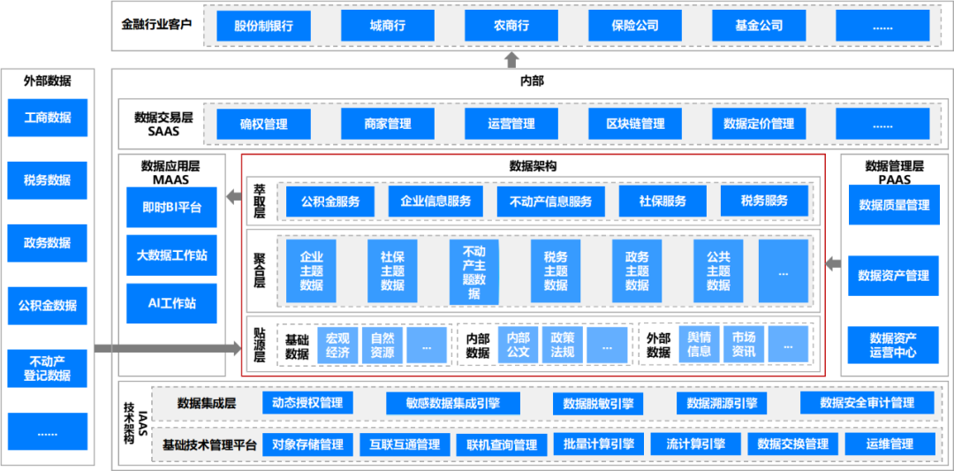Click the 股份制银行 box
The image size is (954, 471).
(x=263, y=26)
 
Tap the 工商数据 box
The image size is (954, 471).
(x=48, y=118)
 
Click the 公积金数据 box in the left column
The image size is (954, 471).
(x=48, y=306)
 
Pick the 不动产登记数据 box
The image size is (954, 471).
(x=48, y=368)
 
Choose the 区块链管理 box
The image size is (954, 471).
(x=635, y=124)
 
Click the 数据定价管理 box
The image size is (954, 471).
(x=759, y=124)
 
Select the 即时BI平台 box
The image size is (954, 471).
(x=171, y=208)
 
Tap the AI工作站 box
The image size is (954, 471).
(x=171, y=303)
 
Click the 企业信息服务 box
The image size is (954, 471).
(x=435, y=201)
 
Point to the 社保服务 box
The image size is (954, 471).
(x=662, y=201)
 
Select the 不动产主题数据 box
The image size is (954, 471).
(x=474, y=271)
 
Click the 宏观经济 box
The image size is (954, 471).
(x=337, y=345)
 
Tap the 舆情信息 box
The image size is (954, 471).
(x=699, y=345)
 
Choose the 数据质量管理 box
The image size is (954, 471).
(x=894, y=205)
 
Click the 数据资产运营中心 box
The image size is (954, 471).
(x=893, y=345)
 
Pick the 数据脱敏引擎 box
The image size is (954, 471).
(x=598, y=404)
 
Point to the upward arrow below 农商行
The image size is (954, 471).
(x=511, y=60)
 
